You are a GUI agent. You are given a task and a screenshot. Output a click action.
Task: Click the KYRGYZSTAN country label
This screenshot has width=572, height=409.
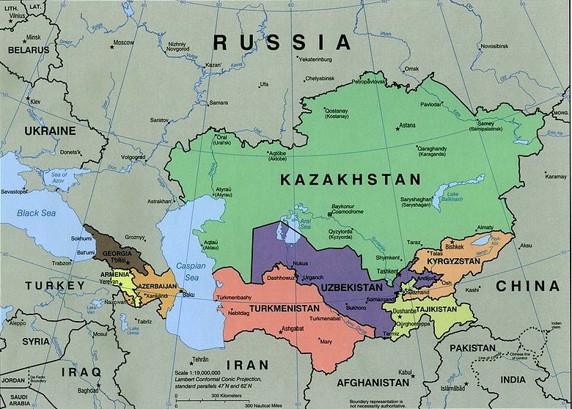click(454, 262)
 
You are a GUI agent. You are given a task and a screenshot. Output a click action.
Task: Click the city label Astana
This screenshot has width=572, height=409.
click(406, 125)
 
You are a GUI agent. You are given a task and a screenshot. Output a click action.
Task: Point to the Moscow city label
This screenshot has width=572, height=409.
click(123, 43)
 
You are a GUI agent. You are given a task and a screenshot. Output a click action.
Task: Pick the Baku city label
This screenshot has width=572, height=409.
click(188, 295)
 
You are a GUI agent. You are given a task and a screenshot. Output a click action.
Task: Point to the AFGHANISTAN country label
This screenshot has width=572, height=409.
click(372, 383)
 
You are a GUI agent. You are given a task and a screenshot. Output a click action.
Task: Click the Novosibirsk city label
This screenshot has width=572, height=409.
click(494, 45)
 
